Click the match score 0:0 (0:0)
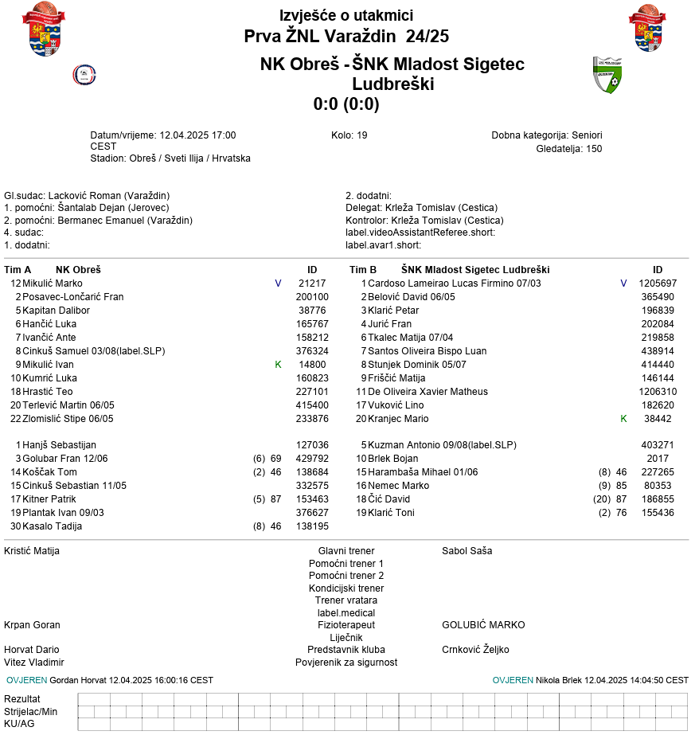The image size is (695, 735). tap(346, 104)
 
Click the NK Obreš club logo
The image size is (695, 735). tap(84, 75)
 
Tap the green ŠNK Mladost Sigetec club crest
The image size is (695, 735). tap(607, 75)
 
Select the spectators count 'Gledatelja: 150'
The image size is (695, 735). tap(569, 149)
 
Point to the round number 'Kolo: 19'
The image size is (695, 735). tap(349, 135)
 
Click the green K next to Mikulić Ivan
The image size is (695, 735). tap(278, 365)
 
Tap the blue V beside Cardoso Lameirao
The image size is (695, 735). tap(623, 283)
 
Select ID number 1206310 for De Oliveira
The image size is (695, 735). tap(658, 392)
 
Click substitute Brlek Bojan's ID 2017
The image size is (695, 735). tap(658, 459)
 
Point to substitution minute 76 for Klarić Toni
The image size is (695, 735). tap(622, 513)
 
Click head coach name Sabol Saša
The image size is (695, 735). tap(467, 551)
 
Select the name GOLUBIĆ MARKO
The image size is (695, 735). tap(483, 625)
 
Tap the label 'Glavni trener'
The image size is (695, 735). tap(346, 551)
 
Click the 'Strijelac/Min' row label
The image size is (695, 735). tap(31, 711)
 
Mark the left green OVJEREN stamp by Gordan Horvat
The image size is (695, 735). tap(26, 681)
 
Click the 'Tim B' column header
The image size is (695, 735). tap(363, 270)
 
